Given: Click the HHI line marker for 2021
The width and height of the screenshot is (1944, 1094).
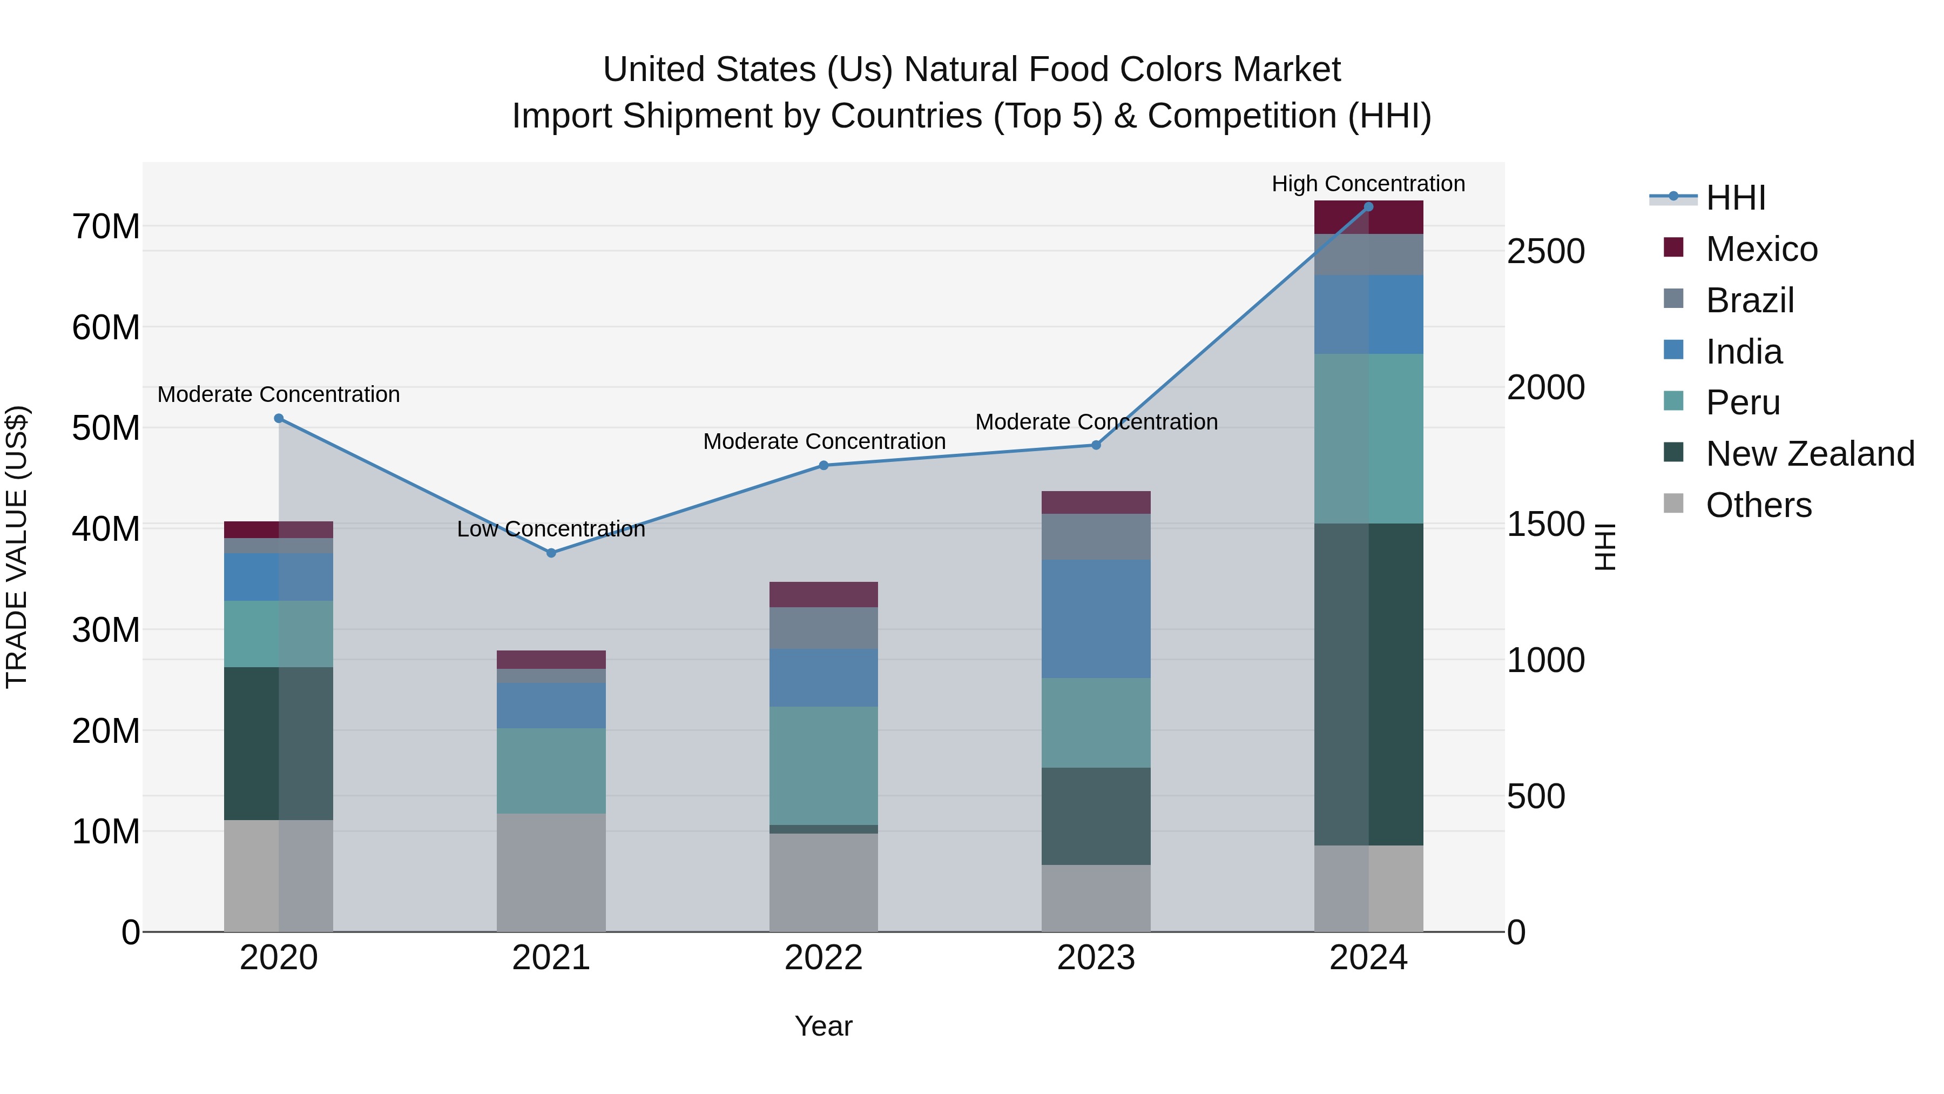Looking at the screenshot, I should (551, 553).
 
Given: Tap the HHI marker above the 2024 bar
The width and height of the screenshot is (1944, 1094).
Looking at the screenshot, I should (1368, 207).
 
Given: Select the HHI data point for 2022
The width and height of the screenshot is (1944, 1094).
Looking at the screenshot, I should (823, 465).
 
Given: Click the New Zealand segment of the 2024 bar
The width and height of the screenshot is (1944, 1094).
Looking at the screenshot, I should (1368, 683).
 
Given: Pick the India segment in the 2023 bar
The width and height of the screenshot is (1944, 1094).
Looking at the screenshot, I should (1096, 619).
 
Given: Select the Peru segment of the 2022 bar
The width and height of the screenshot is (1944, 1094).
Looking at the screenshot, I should (823, 765).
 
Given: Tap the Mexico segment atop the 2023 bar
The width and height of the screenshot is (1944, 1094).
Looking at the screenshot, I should (1096, 502).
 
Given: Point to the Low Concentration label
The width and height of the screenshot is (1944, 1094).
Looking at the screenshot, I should (551, 528).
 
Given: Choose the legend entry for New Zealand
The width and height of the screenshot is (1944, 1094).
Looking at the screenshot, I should (1809, 454).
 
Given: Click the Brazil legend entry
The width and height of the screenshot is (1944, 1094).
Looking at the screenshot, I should (1749, 300).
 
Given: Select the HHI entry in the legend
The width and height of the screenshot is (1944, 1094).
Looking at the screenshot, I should (1735, 198).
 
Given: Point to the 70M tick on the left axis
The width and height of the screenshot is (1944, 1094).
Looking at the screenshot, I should (106, 226).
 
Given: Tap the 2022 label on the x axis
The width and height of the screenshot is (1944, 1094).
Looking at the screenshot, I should (823, 958).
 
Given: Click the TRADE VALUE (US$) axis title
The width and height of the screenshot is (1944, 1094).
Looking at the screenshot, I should (17, 547).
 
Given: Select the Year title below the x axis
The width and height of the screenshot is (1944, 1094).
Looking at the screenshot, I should (823, 1026).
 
